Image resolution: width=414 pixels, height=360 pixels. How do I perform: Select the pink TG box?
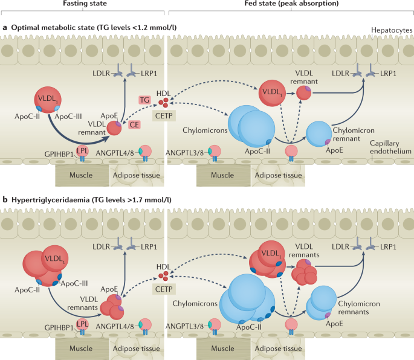(144, 98)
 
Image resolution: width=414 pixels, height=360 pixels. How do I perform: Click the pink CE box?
(135, 124)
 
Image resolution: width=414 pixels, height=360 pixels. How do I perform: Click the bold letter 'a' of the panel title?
(5, 27)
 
